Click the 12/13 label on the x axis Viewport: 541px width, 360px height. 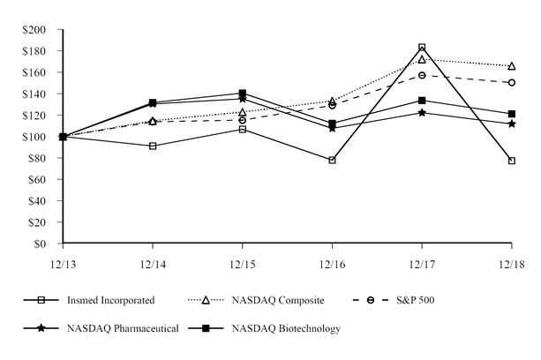(x=63, y=263)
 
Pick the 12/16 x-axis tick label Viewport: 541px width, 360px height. (x=332, y=263)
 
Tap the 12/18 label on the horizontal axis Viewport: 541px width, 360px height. (x=511, y=263)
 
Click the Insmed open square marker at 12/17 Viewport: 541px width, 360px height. (x=422, y=48)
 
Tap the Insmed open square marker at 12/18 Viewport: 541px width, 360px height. (x=512, y=161)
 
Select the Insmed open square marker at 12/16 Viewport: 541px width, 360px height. (x=332, y=160)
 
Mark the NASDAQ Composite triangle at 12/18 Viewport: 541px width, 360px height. (x=512, y=66)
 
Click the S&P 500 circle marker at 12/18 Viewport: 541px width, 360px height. (x=512, y=83)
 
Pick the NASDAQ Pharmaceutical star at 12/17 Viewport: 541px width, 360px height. (x=422, y=112)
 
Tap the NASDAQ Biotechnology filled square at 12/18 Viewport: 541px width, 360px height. (x=512, y=114)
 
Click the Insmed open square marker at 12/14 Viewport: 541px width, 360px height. (x=153, y=146)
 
